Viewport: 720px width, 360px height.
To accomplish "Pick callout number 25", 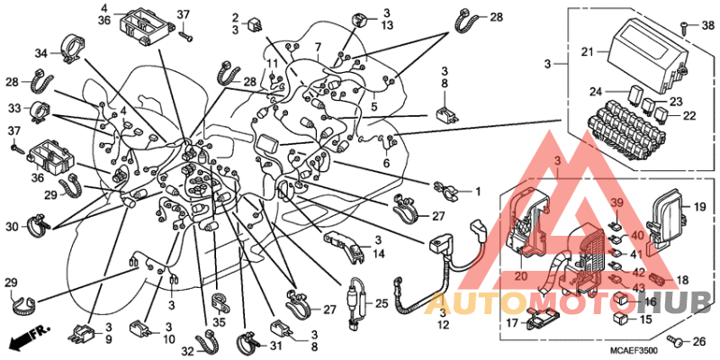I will [381, 304].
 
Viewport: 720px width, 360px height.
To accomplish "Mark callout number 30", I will [13, 225].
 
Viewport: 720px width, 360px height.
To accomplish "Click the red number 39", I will [616, 204].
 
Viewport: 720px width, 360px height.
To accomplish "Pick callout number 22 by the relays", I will [691, 116].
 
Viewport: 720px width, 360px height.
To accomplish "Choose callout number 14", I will [379, 255].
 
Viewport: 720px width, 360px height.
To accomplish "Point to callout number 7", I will [317, 46].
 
